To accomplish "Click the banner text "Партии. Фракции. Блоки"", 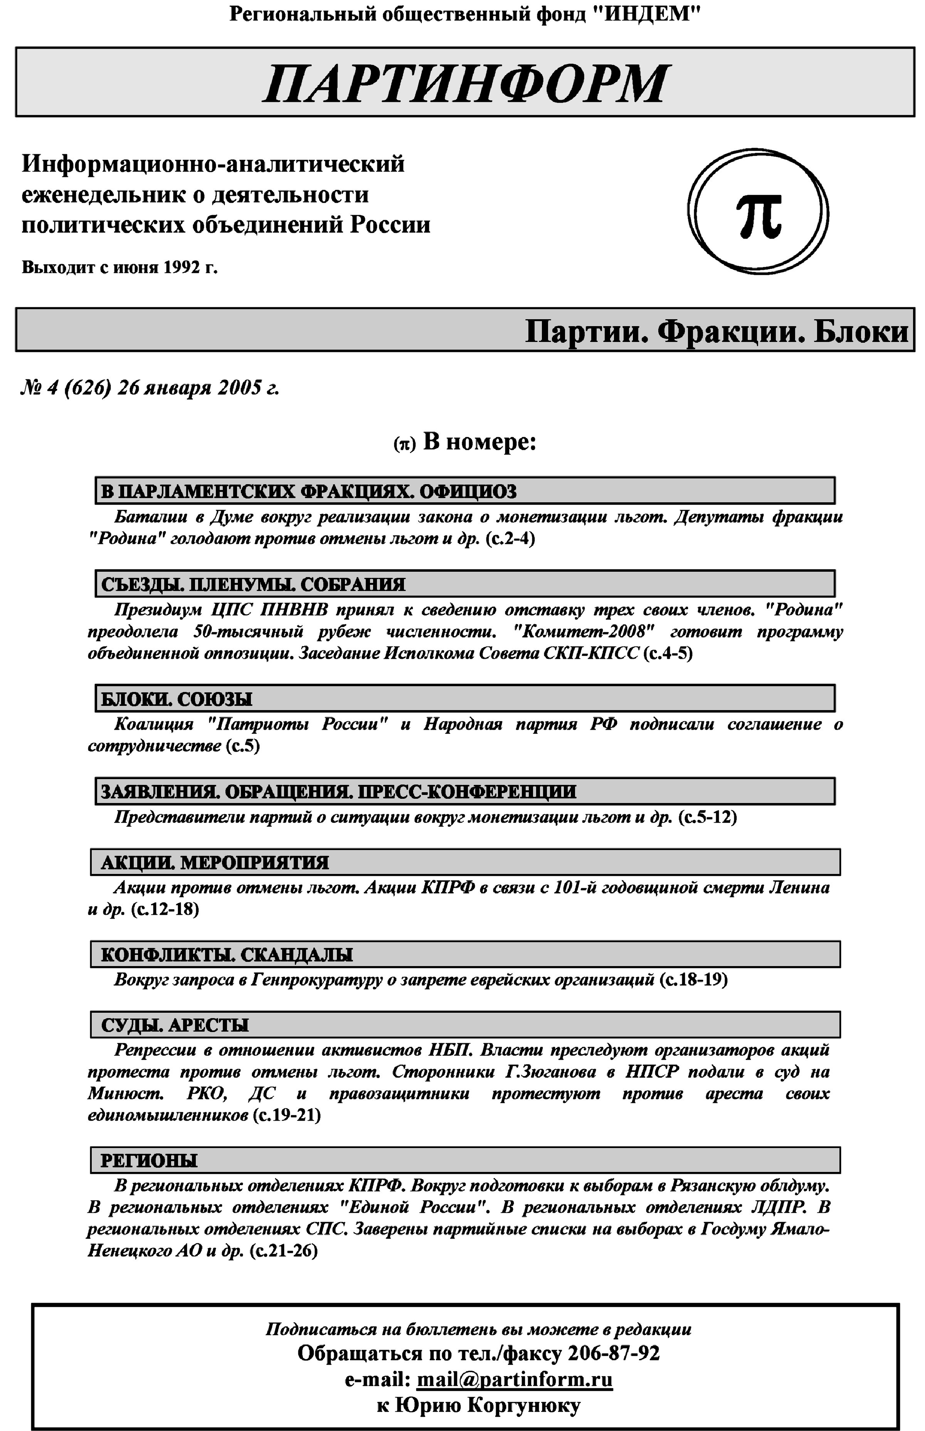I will [716, 332].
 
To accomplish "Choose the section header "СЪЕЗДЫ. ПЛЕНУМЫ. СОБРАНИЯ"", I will [253, 584].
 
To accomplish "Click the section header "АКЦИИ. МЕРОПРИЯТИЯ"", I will [214, 863].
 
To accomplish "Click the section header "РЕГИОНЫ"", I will [149, 1161].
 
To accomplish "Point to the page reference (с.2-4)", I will [510, 538].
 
